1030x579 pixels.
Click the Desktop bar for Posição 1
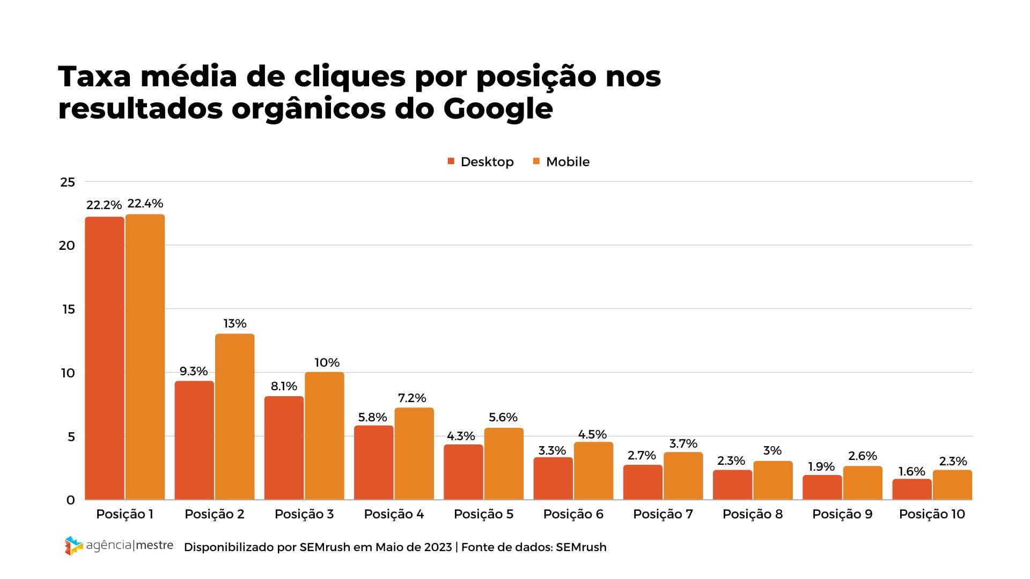point(105,358)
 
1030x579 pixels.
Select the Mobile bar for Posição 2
point(234,417)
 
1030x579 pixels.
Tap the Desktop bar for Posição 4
point(373,462)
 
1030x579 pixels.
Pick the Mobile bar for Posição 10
point(952,485)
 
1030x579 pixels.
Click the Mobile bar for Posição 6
point(593,470)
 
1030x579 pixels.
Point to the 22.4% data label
point(145,204)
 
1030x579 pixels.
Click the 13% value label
point(235,324)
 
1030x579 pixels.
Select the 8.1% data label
point(284,387)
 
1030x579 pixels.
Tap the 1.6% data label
point(912,472)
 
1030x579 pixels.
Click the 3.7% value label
point(683,444)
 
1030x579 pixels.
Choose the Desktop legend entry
point(481,162)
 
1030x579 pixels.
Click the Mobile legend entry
point(561,162)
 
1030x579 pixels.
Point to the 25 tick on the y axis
point(68,182)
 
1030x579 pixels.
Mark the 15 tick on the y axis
point(68,309)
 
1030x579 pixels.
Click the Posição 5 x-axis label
point(483,514)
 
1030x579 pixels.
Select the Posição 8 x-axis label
point(752,514)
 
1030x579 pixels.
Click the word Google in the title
point(498,109)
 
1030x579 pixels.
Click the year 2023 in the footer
point(438,547)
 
